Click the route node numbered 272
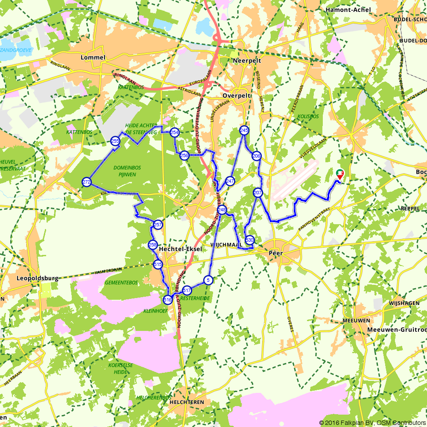tap(87, 182)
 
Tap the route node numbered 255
tap(115, 141)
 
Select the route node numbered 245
tap(244, 130)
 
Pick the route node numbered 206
tap(256, 156)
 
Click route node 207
tap(257, 193)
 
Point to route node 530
tap(250, 240)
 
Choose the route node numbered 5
tap(208, 280)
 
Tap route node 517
tap(187, 291)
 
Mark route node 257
tap(158, 225)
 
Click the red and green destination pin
tap(340, 174)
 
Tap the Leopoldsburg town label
tap(37, 278)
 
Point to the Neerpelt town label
tap(247, 61)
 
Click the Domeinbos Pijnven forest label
tap(127, 171)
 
